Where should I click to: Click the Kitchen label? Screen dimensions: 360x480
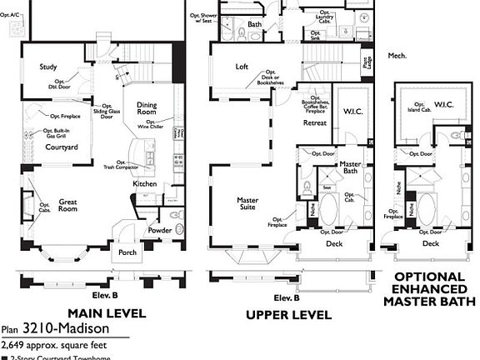[x=145, y=183]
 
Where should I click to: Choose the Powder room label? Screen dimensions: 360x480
[x=160, y=231]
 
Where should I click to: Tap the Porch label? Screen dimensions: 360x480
[x=127, y=252]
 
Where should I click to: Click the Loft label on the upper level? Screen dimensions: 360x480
[x=242, y=66]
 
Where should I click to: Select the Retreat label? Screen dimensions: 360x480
[x=314, y=122]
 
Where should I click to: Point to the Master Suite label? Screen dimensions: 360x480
[x=247, y=204]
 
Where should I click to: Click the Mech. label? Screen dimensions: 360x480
[x=397, y=56]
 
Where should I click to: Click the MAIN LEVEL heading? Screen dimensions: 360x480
[x=106, y=313]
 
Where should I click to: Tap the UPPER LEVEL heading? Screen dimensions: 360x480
[x=287, y=314]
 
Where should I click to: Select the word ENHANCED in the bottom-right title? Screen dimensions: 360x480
[x=430, y=288]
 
